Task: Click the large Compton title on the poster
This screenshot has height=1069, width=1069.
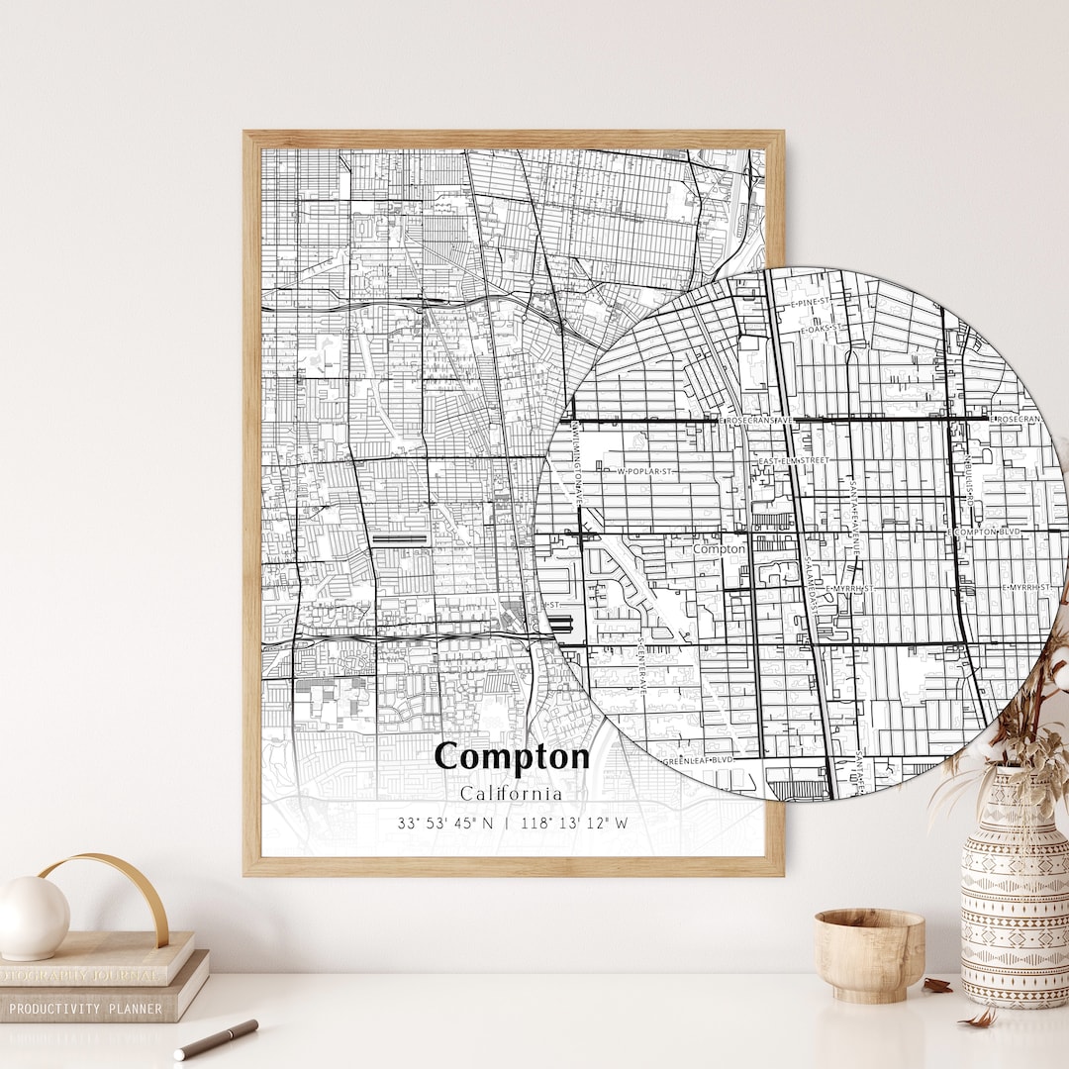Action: [x=512, y=756]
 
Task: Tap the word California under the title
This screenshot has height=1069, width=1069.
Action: [x=511, y=793]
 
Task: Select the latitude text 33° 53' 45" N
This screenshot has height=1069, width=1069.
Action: [x=444, y=823]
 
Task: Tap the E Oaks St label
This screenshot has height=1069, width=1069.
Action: [x=822, y=327]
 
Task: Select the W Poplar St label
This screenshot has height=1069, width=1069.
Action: [x=644, y=471]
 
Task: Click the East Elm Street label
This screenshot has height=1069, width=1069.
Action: [x=793, y=460]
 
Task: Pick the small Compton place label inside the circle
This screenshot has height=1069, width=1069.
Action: [x=719, y=548]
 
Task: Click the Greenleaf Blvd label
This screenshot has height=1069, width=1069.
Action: [x=699, y=760]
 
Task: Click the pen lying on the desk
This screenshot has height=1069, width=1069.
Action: [x=216, y=1039]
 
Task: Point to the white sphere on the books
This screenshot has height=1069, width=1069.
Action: [x=32, y=918]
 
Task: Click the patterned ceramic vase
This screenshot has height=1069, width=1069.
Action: [x=1013, y=891]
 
